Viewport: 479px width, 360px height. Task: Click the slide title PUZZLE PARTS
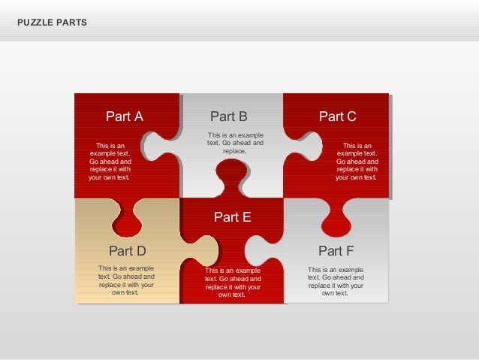coord(52,23)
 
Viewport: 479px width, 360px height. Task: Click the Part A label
coord(124,116)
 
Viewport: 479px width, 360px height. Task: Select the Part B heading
coord(228,116)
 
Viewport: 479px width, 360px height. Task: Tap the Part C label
coord(337,116)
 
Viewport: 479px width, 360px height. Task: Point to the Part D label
coord(127,250)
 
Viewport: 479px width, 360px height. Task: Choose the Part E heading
coord(232,217)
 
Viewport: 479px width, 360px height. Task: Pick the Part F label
coord(336,250)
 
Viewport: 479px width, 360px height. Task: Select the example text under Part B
coord(235,143)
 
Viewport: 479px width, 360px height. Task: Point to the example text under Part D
coord(126,280)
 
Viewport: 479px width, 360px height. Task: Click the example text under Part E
coord(233,283)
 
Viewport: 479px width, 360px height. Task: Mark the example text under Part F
coord(336,280)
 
